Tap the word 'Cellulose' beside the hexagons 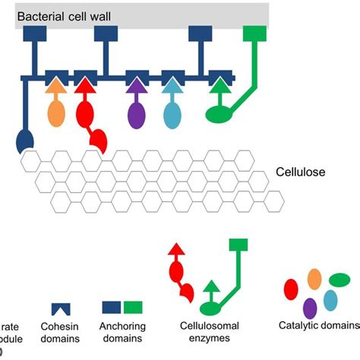pyautogui.click(x=299, y=172)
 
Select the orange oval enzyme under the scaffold pyautogui.click(x=57, y=113)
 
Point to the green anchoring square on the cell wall pyautogui.click(x=254, y=33)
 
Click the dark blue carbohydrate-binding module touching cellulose pyautogui.click(x=25, y=139)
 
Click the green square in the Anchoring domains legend pyautogui.click(x=133, y=306)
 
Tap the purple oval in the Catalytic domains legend pyautogui.click(x=310, y=307)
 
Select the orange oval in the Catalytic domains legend pyautogui.click(x=314, y=279)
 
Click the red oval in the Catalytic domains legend pyautogui.click(x=290, y=289)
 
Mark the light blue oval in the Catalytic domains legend pyautogui.click(x=330, y=300)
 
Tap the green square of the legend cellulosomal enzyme pyautogui.click(x=238, y=245)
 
